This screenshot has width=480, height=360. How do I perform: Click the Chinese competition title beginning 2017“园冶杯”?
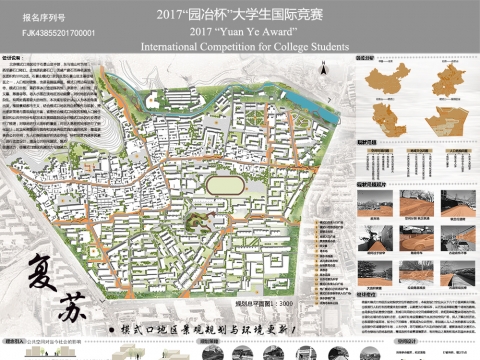(x=237, y=16)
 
